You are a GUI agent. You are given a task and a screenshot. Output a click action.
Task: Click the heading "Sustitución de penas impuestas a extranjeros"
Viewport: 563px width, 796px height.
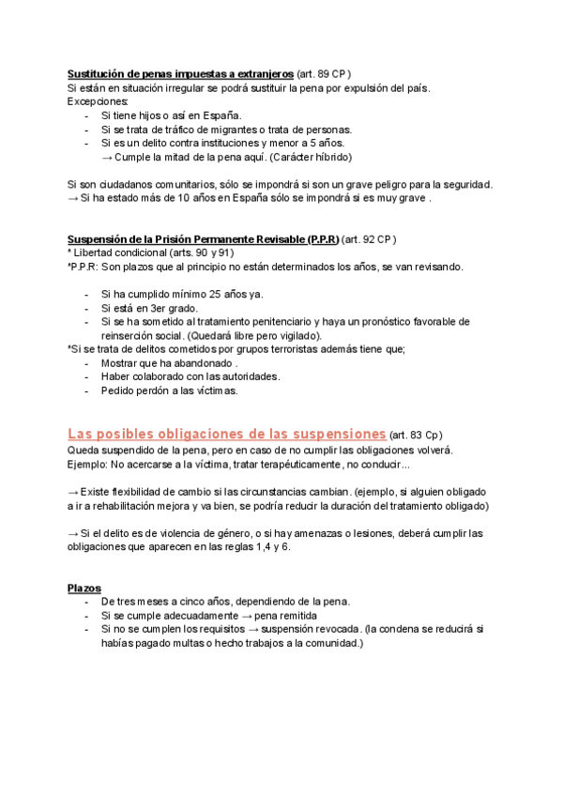click(180, 73)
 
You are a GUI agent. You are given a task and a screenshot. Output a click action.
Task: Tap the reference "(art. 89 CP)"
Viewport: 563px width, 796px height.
click(324, 73)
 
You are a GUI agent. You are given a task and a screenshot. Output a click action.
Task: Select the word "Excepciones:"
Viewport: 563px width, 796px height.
click(99, 101)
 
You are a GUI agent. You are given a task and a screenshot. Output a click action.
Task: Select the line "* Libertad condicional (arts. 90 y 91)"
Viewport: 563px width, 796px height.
click(151, 253)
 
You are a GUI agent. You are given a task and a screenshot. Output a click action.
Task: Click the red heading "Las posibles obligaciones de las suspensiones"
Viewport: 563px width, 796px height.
click(226, 435)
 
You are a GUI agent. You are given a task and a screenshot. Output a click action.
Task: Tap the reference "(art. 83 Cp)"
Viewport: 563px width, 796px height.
click(415, 436)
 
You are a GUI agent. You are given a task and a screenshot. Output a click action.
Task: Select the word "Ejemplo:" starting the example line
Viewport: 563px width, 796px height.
click(87, 465)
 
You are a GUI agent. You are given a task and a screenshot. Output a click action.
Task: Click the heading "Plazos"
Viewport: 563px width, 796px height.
click(84, 588)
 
